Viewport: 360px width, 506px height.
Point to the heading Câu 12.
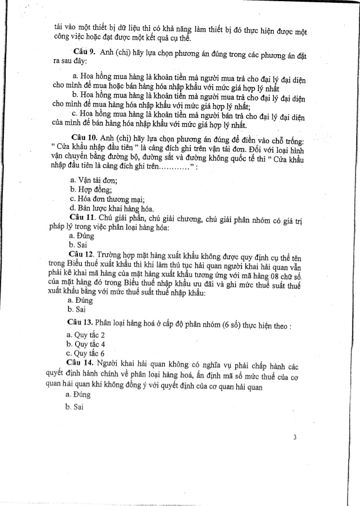tap(81, 255)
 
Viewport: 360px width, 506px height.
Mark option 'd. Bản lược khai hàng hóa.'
tap(111, 208)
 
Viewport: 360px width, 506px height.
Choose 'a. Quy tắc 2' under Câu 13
tap(86, 336)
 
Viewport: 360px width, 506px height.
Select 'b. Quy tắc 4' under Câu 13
tap(86, 345)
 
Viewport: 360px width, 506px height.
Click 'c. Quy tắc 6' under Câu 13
tap(86, 354)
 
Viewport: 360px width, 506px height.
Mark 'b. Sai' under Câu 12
tap(76, 309)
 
